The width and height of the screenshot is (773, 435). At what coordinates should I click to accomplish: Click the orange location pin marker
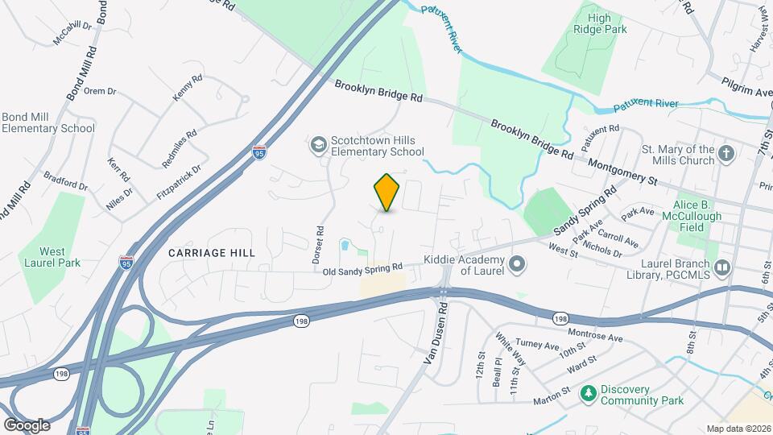click(387, 193)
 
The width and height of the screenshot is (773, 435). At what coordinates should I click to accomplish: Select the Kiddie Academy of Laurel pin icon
click(517, 264)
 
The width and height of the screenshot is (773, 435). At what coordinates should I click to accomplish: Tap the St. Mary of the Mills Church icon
click(726, 154)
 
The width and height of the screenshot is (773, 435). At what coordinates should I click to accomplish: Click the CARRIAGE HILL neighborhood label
click(212, 253)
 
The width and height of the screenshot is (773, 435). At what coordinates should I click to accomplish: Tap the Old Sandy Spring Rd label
click(362, 269)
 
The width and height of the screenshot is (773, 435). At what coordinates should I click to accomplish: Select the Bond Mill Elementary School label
click(48, 122)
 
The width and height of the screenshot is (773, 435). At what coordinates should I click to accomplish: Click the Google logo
click(27, 425)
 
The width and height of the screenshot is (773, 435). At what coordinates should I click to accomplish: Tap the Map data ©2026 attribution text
click(738, 429)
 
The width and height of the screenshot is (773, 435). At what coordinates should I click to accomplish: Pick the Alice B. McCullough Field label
click(698, 211)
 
